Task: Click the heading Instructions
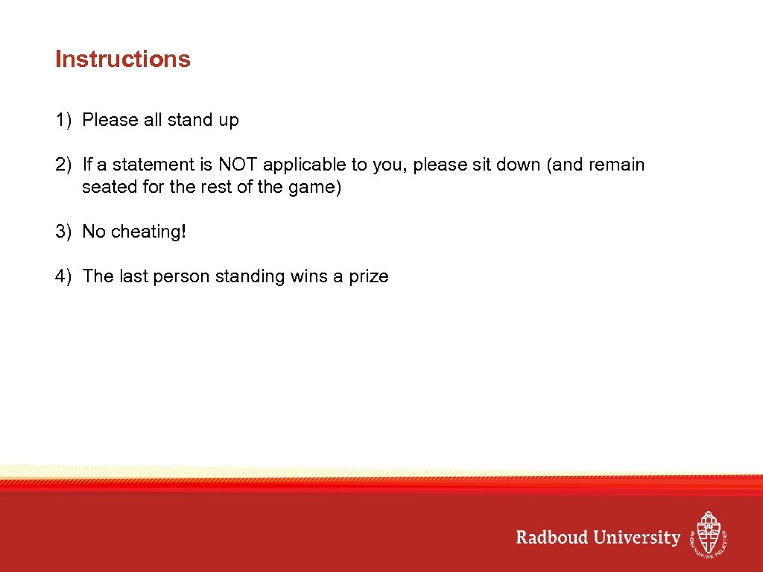[123, 60]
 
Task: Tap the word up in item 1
[228, 121]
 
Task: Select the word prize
[369, 277]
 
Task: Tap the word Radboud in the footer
[552, 537]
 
